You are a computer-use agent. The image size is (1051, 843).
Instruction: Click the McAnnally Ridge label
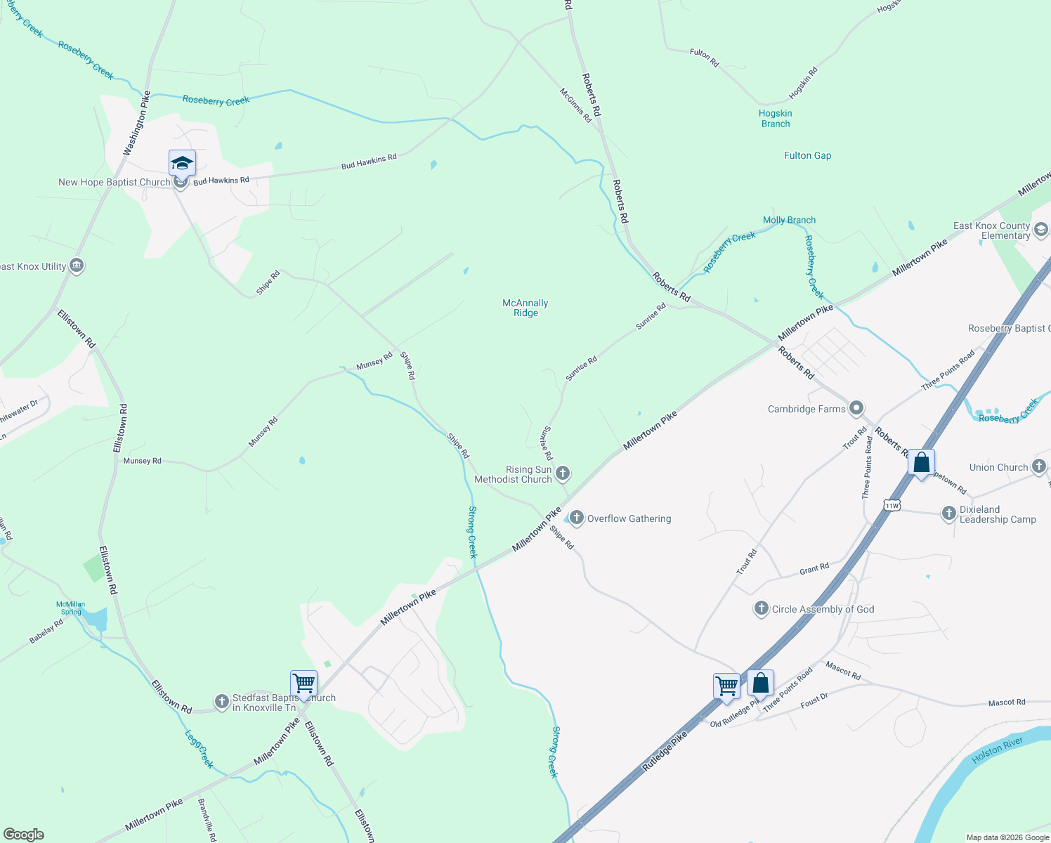click(525, 308)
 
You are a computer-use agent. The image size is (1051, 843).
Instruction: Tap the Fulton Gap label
click(807, 155)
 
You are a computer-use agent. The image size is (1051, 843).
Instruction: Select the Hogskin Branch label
click(775, 118)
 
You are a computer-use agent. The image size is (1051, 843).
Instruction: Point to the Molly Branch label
click(789, 220)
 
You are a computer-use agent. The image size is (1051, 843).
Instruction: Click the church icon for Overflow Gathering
click(577, 518)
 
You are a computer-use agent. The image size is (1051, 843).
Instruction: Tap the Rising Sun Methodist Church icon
click(563, 473)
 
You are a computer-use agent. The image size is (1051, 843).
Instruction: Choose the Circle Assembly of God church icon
click(761, 608)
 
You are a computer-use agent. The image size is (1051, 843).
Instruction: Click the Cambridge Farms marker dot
click(856, 408)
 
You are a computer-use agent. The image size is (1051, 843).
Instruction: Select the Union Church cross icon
click(1039, 466)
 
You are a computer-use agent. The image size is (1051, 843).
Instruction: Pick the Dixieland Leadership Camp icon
click(949, 514)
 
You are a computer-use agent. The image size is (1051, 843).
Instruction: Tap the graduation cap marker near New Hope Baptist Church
click(182, 163)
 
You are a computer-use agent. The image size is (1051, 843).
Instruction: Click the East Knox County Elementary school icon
click(1041, 230)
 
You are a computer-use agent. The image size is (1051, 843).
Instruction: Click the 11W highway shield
click(892, 505)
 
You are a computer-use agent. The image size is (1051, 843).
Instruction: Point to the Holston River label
click(998, 750)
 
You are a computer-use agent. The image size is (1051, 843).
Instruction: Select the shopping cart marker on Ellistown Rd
click(303, 683)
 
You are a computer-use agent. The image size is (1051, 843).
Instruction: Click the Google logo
click(23, 835)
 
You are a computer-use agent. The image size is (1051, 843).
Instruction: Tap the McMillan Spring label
click(71, 608)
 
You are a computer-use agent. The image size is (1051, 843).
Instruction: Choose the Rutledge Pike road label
click(665, 752)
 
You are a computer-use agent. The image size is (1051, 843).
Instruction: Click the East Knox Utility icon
click(77, 266)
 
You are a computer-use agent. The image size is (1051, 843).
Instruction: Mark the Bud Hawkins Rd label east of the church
click(369, 162)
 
